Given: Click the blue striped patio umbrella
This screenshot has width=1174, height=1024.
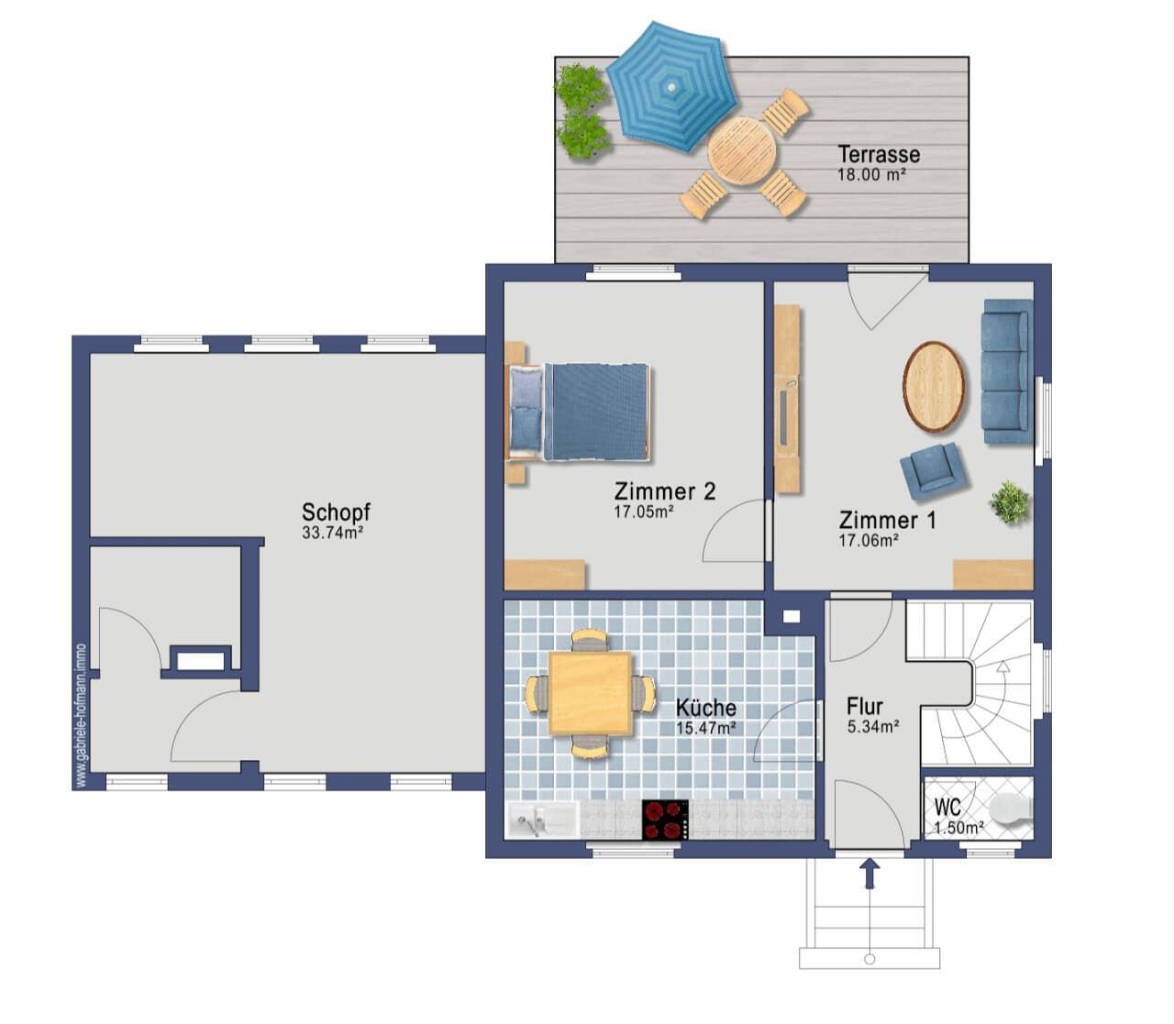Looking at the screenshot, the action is click(x=671, y=86).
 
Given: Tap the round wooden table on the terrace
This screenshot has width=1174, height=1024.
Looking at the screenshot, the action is click(x=741, y=150).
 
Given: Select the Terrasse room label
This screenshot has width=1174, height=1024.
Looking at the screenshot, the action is click(x=879, y=154).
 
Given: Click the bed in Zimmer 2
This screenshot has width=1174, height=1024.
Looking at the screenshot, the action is click(x=580, y=412).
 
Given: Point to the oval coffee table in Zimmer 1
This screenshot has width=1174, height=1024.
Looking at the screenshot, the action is click(x=934, y=386).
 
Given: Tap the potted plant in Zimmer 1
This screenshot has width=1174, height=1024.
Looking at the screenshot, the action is click(x=1009, y=502).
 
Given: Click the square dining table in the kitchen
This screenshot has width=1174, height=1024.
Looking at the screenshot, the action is click(x=590, y=693).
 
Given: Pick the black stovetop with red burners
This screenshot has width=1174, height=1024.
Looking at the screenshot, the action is click(x=665, y=820).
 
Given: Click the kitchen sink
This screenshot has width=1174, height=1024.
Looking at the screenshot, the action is click(x=542, y=820).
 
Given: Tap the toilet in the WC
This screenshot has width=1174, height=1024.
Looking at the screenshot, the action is click(x=1013, y=809).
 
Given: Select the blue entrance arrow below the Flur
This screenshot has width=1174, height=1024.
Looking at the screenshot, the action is click(x=870, y=874).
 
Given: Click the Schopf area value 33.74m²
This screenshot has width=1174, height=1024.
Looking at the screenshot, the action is click(x=332, y=533).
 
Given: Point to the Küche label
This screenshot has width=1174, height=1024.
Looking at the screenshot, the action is click(x=706, y=708).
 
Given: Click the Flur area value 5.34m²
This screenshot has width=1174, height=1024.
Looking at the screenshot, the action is click(x=873, y=726).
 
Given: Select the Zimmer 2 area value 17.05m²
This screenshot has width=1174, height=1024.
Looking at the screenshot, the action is click(x=643, y=512).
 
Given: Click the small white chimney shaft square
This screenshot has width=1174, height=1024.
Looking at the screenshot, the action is click(x=792, y=617).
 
